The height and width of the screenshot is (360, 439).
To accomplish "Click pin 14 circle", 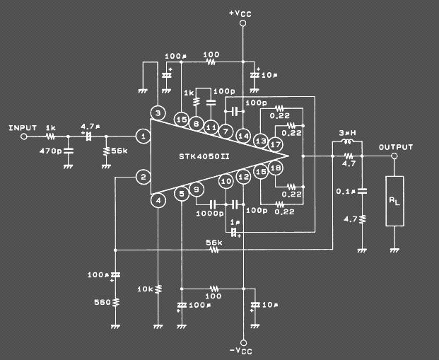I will [x=243, y=135].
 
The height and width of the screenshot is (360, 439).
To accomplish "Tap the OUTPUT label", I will [x=395, y=147].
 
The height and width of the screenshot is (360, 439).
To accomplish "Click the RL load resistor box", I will [x=394, y=201].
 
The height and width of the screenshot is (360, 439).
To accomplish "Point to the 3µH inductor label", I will [x=346, y=132].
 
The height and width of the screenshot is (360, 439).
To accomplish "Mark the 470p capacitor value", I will [x=49, y=151].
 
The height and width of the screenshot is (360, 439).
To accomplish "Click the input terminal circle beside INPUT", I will [x=23, y=136].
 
